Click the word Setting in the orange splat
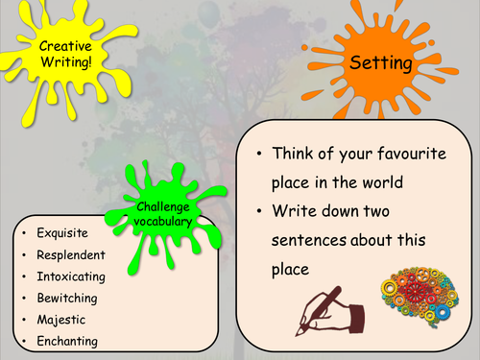[x=380, y=63]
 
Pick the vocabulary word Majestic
[x=60, y=320]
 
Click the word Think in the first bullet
[x=296, y=154]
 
